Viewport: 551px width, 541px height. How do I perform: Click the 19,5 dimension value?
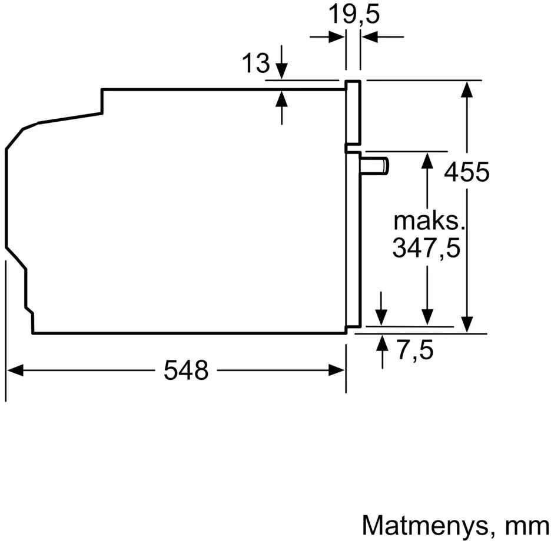pos(354,15)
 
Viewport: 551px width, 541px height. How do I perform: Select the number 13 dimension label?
pos(256,63)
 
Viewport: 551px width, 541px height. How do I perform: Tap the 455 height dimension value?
pos(466,172)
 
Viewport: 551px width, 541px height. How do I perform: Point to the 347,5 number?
pos(426,248)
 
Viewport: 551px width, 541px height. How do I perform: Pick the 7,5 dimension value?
pos(416,350)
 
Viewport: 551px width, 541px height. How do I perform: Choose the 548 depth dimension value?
pos(186,370)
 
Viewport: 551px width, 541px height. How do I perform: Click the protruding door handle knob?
pos(374,166)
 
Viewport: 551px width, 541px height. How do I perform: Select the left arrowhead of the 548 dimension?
pos(15,370)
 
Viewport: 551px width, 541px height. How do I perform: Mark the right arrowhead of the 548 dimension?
pos(337,370)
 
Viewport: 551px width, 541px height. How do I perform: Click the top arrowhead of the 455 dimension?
pos(467,89)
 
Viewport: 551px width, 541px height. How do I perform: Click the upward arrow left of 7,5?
pos(382,352)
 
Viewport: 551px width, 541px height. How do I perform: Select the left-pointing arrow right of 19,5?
pos(383,36)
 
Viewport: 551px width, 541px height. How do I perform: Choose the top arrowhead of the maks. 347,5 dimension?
pos(427,161)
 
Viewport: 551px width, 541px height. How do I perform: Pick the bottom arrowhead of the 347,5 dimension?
pos(427,317)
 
